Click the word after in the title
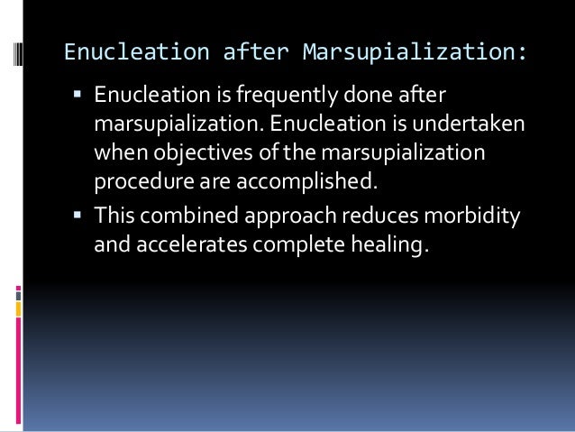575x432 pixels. (257, 53)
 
